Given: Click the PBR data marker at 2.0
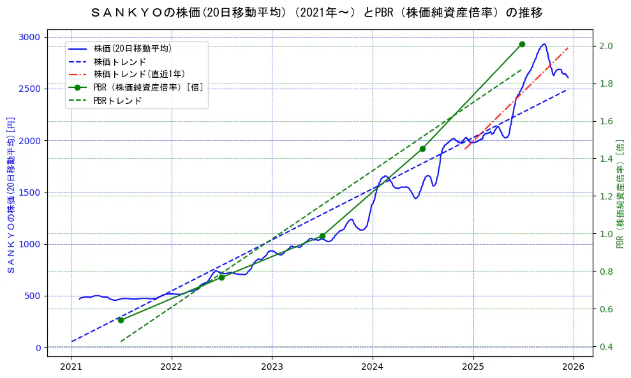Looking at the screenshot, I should [x=522, y=44].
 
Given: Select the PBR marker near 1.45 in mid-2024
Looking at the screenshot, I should [x=422, y=149].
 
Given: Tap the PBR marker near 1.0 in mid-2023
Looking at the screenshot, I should [x=322, y=236].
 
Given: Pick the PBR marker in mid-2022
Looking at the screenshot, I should [x=221, y=277].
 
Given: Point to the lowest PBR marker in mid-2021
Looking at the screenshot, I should [x=121, y=320].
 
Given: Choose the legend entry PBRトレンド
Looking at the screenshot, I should [x=117, y=101].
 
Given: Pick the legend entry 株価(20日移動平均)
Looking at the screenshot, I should [x=132, y=48].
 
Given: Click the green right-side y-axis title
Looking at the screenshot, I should [x=621, y=194].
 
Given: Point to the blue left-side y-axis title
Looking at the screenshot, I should [x=10, y=194].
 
